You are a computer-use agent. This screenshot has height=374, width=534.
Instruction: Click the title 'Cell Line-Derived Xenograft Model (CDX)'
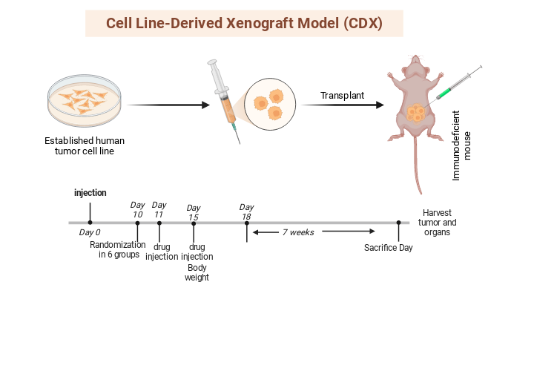[x=244, y=23]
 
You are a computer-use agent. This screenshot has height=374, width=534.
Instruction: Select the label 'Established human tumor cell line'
[x=84, y=146]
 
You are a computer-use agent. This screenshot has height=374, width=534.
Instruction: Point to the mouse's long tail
[x=418, y=167]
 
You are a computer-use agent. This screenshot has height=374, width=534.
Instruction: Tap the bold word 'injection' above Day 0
[x=90, y=193]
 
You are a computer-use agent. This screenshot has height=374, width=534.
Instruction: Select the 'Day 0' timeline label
[x=90, y=232]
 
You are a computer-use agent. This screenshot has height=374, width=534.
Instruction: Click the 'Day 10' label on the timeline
[x=137, y=209]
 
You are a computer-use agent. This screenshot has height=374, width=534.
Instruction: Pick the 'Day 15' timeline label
[x=194, y=212]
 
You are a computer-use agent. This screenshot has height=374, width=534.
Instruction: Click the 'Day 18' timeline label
[x=246, y=211]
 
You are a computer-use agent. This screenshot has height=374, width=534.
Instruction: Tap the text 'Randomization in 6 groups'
[x=119, y=250]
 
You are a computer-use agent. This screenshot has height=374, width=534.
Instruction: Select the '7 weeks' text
[x=298, y=232]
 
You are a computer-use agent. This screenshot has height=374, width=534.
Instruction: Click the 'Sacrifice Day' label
[x=388, y=248]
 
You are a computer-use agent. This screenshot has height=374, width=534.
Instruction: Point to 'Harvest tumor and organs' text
[x=438, y=222]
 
